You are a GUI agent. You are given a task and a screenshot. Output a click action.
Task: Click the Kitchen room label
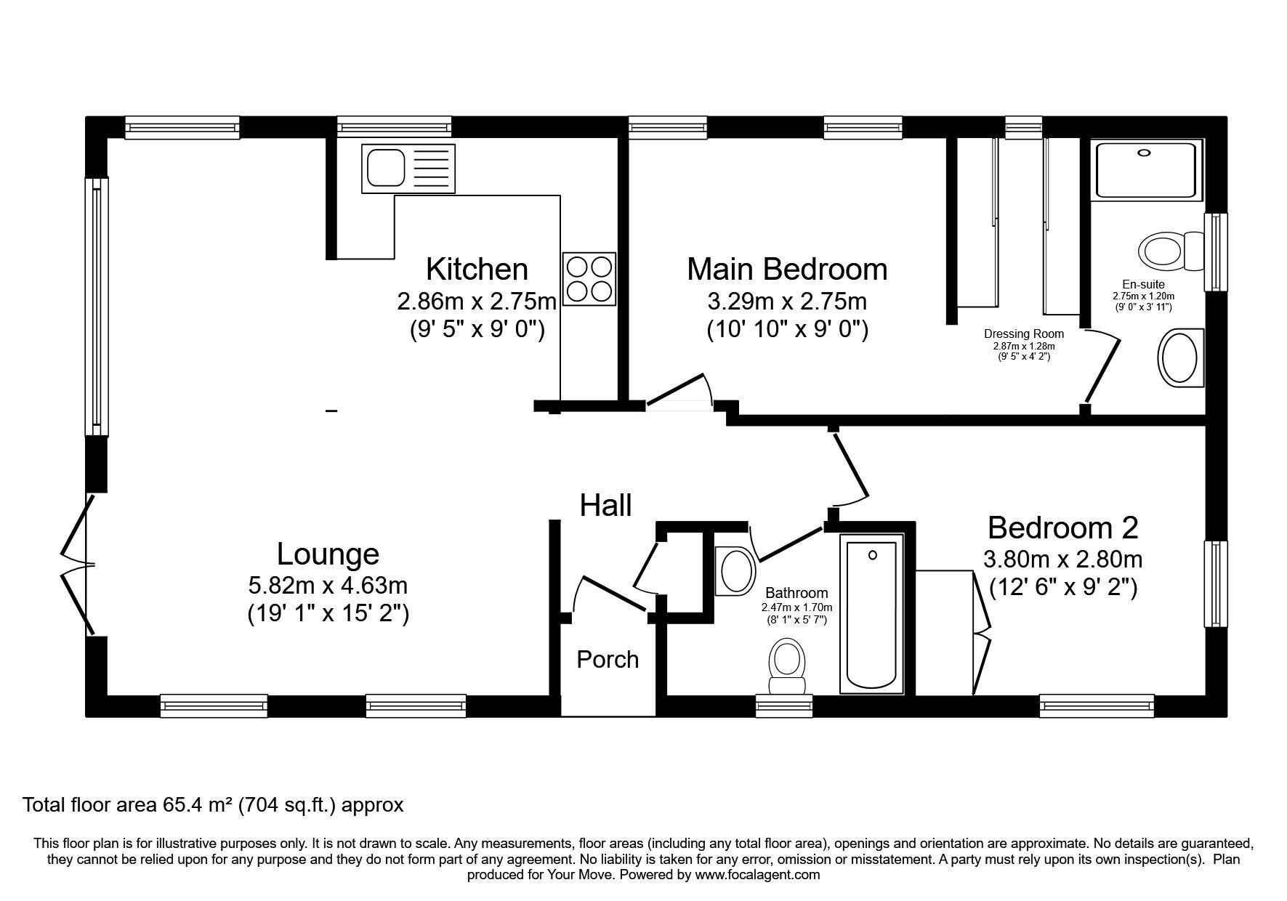[477, 270]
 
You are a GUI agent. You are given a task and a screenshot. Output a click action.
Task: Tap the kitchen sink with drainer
[408, 168]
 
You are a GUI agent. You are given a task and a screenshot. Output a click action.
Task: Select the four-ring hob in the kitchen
[589, 278]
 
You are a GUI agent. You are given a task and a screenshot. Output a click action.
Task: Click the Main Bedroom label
[787, 270]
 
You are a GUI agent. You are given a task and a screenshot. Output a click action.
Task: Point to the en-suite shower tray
[1145, 170]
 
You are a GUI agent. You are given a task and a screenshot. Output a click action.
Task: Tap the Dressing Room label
[1023, 334]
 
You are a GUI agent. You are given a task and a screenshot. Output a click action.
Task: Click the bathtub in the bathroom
[872, 613]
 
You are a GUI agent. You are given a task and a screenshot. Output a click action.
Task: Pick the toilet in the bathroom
[787, 665]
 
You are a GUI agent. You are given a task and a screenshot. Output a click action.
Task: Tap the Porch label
[608, 660]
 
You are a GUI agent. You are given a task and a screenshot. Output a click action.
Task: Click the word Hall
[605, 506]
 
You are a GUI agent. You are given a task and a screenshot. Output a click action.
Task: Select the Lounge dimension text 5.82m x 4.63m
[328, 585]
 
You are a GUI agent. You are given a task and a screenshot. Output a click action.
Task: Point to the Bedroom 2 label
[1062, 528]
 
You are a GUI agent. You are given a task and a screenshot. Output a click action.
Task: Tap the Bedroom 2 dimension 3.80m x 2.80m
[1062, 559]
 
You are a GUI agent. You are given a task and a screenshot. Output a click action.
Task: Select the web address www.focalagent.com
[757, 875]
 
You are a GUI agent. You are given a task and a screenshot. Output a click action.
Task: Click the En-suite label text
[1143, 285]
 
